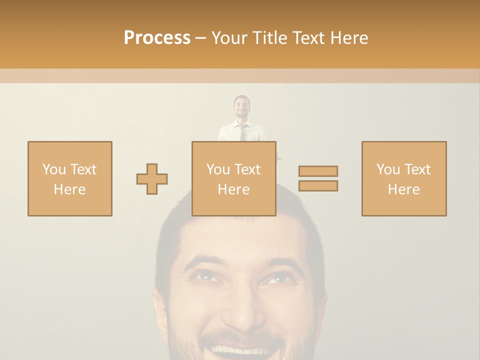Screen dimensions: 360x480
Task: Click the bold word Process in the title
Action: coord(157,38)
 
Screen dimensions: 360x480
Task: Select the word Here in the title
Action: coord(349,38)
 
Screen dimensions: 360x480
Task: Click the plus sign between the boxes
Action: coord(152,179)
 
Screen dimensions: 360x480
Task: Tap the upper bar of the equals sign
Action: coord(318,171)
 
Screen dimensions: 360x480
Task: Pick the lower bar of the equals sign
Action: coord(318,185)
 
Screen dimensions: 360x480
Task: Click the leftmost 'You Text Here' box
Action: coord(69,178)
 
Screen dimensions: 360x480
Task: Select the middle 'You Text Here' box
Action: coord(233,178)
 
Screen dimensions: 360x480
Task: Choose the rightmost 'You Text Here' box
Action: coord(403,178)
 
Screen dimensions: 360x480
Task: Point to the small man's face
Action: coord(242,107)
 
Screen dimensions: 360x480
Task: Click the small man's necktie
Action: coord(243,132)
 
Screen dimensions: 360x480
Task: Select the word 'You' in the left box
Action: coord(53,169)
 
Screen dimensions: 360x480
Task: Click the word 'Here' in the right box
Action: coord(403,189)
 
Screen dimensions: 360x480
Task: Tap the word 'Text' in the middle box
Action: coord(247,169)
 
